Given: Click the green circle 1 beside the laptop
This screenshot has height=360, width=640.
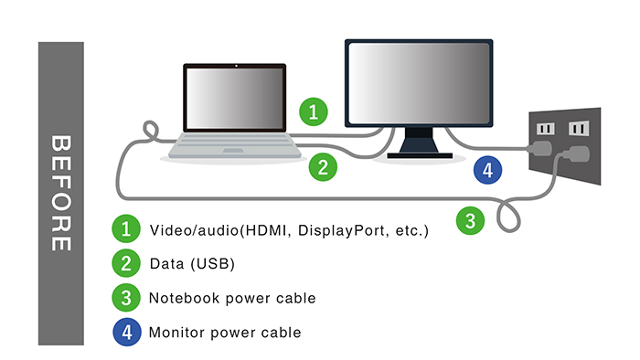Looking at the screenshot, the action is point(314,111).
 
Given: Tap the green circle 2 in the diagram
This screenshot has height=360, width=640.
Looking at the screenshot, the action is point(323,167).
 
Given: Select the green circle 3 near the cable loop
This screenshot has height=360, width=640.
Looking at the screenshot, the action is point(470,221).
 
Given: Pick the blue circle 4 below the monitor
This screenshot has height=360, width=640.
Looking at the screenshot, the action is point(487,170).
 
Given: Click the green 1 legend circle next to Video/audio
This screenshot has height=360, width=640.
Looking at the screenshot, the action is point(126,228).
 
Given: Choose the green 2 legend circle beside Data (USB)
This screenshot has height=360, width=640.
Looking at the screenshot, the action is point(126,263).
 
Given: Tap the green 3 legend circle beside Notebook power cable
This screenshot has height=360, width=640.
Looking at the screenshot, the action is point(126,298).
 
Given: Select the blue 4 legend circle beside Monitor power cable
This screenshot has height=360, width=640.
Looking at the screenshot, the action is point(127,332).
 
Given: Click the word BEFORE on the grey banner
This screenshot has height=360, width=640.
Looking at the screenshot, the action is point(61,193).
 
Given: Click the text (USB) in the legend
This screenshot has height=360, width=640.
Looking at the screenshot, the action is point(213,264).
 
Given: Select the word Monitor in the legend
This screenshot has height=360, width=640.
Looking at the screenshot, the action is point(176,333).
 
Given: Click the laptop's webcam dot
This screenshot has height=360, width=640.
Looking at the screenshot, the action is point(236,66).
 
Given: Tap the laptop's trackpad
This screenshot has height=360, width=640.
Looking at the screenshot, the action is point(233,151).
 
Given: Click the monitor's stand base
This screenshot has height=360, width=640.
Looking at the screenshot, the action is point(420,155).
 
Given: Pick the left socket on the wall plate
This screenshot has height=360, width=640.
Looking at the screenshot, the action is point(545,129).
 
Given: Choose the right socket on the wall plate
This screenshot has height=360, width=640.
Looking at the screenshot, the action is point(579,129).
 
